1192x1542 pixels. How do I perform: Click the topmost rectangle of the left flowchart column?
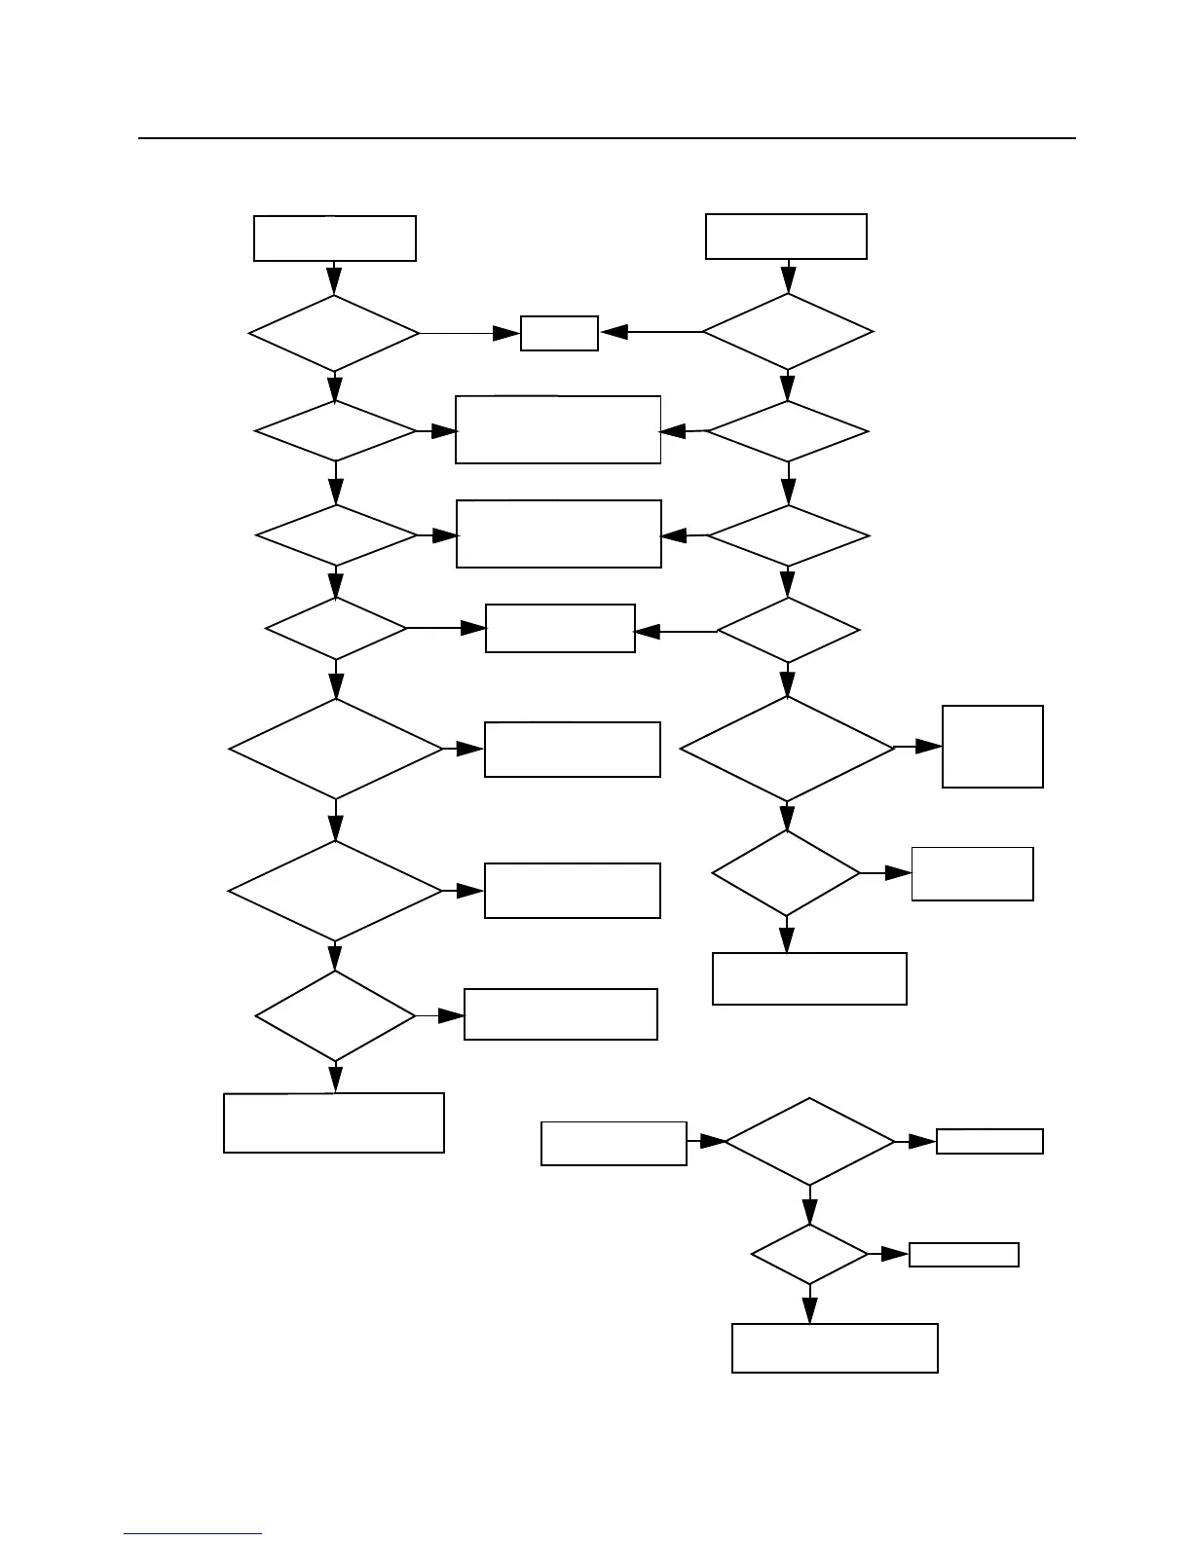tap(334, 239)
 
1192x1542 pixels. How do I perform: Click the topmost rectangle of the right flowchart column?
tap(786, 237)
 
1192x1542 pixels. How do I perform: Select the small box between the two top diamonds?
tap(559, 333)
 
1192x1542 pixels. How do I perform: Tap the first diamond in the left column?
tap(334, 333)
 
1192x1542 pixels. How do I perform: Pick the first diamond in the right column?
tap(787, 332)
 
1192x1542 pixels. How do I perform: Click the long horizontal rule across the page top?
tap(607, 138)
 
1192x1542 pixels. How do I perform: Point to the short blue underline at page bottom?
tap(193, 1533)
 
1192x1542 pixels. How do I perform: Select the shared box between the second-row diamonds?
tap(558, 429)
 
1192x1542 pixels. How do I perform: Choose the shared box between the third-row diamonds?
tap(559, 533)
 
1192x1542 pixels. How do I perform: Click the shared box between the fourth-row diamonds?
tap(560, 628)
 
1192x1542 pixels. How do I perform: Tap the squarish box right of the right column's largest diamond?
tap(992, 747)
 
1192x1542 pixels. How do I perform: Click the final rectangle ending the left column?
tap(334, 1122)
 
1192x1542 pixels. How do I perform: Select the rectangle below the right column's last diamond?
tap(809, 978)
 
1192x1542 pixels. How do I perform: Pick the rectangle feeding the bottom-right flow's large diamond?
tap(614, 1143)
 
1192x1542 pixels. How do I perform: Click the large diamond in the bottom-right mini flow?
tap(809, 1142)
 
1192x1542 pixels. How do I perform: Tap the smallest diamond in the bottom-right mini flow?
tap(809, 1255)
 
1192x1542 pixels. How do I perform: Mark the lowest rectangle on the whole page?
tap(835, 1347)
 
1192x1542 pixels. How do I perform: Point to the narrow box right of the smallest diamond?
tap(963, 1255)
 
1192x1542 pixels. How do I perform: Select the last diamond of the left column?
tap(335, 1015)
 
